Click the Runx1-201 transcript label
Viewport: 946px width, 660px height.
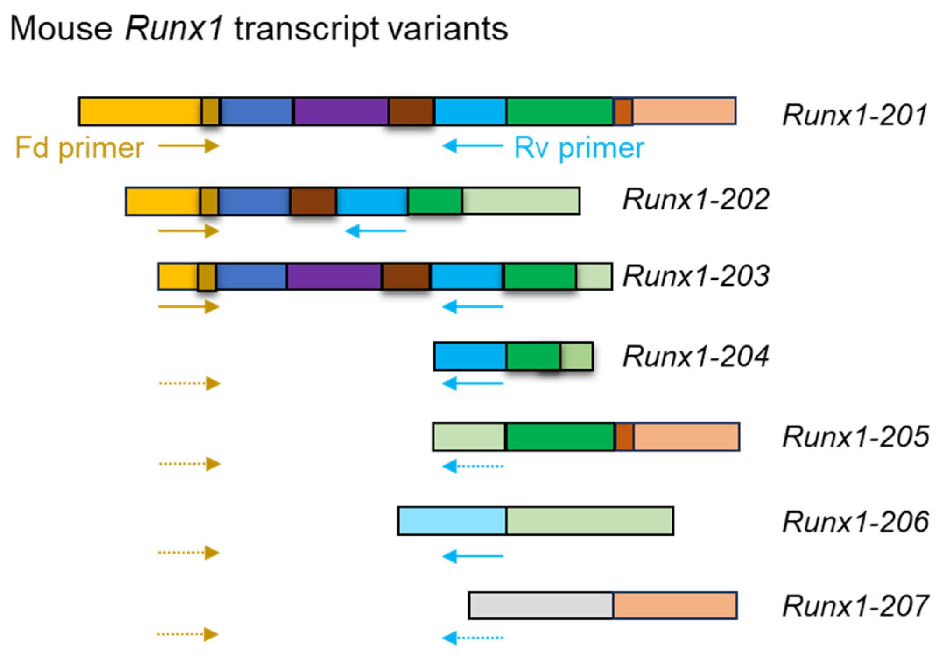(x=855, y=115)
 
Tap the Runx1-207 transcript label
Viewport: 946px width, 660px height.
(x=855, y=606)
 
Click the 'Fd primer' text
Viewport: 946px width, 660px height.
(x=79, y=148)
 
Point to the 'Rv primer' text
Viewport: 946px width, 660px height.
(x=579, y=148)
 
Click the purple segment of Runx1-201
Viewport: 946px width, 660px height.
(x=341, y=111)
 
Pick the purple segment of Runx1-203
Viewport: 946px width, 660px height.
(x=334, y=277)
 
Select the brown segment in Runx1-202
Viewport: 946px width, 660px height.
(x=313, y=202)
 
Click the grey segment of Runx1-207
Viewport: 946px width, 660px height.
(x=540, y=605)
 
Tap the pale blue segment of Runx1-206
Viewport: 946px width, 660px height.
(x=452, y=521)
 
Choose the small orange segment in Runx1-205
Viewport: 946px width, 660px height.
(x=624, y=436)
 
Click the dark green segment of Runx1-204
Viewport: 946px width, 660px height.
(x=533, y=356)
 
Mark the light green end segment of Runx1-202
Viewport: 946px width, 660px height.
(x=521, y=201)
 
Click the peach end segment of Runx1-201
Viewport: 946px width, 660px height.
(x=684, y=111)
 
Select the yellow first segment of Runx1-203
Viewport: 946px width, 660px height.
(x=178, y=277)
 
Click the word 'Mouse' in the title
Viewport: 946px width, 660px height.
(x=61, y=29)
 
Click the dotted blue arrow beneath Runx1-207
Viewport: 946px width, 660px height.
(x=473, y=638)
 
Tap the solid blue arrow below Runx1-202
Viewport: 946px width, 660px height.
(x=376, y=231)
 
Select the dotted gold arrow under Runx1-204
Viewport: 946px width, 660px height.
(x=190, y=383)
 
